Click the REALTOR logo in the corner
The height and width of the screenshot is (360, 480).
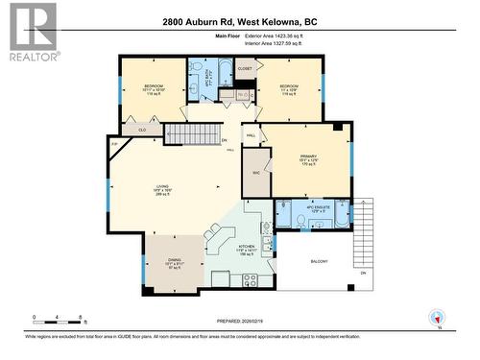[31, 31]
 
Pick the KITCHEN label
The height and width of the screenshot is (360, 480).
[246, 250]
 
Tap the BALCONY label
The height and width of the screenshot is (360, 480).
[320, 261]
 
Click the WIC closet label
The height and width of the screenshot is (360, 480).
[256, 173]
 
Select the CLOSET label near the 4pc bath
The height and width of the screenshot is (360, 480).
[245, 69]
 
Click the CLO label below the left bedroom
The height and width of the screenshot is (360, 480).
[141, 129]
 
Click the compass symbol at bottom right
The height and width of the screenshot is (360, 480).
[439, 318]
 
